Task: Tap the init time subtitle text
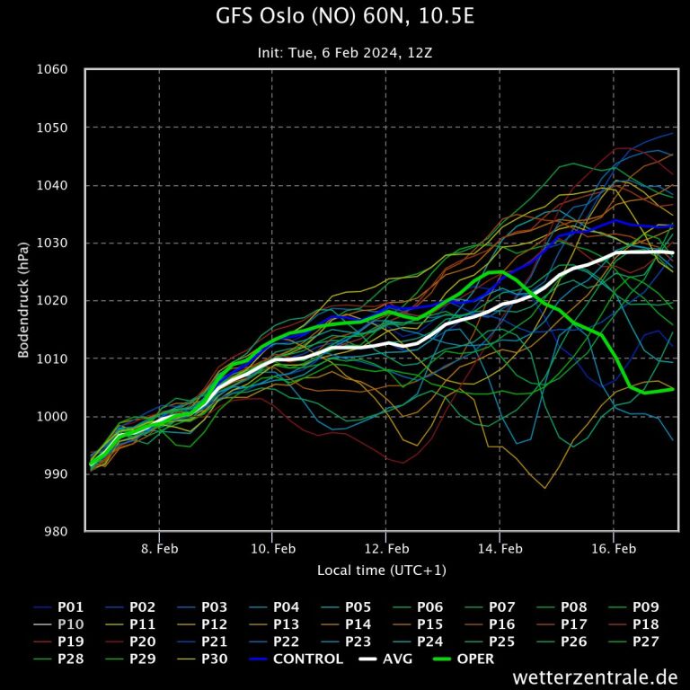[345, 53]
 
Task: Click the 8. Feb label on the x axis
[159, 548]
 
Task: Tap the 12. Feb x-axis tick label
[386, 548]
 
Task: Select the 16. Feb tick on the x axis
[614, 548]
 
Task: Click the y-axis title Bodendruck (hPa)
[24, 300]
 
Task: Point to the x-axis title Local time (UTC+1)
[381, 571]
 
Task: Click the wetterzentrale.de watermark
[595, 677]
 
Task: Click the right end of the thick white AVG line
[672, 253]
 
